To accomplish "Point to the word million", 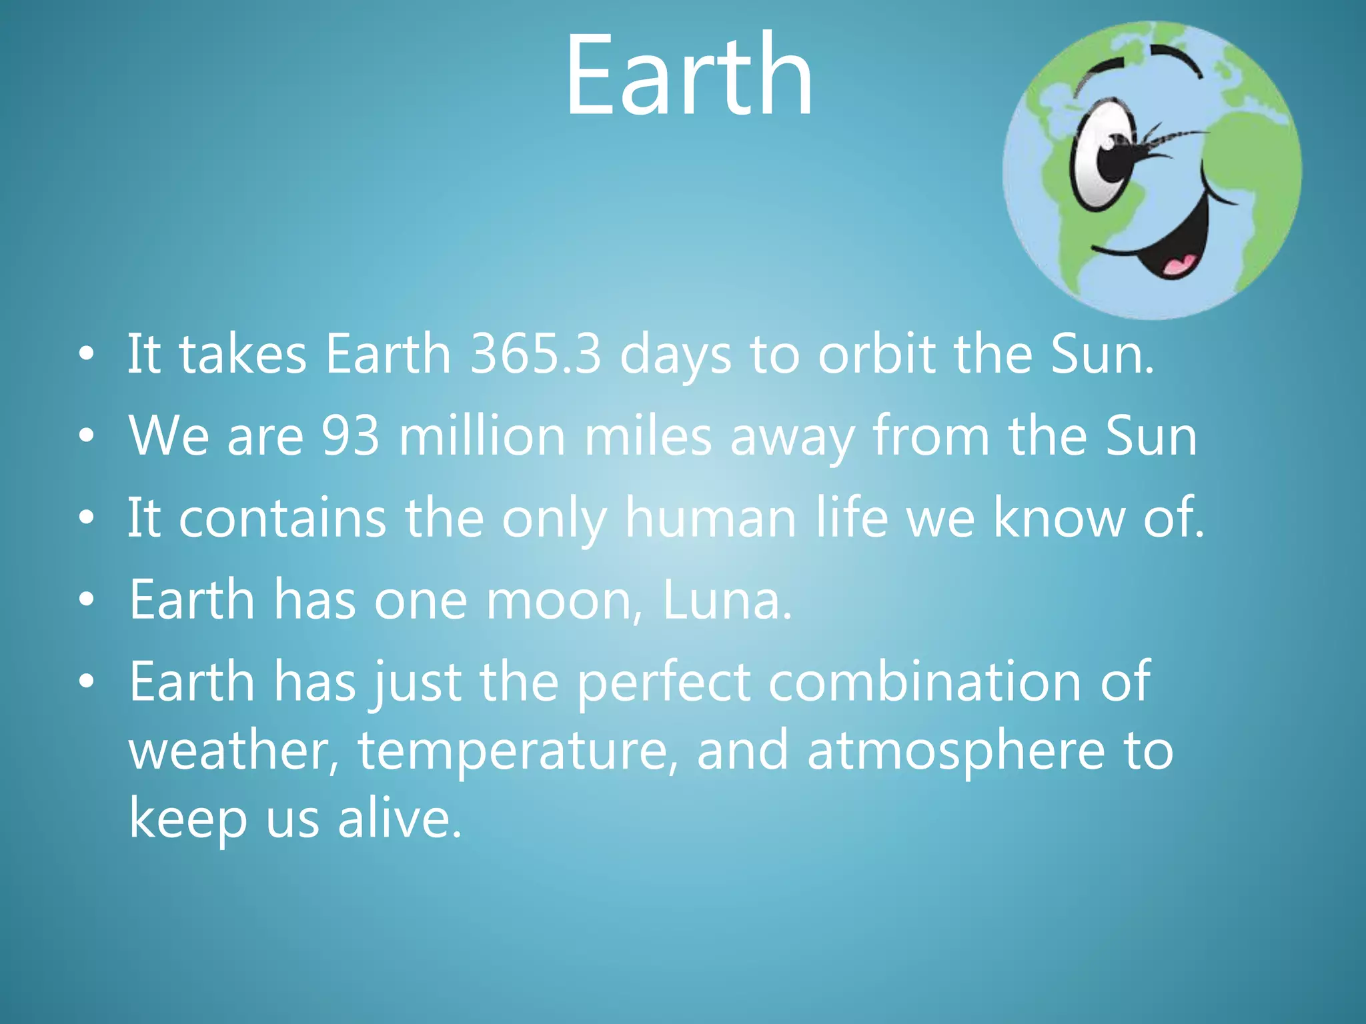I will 482,436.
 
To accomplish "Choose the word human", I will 710,518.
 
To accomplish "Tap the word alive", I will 399,819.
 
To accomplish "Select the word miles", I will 648,436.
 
